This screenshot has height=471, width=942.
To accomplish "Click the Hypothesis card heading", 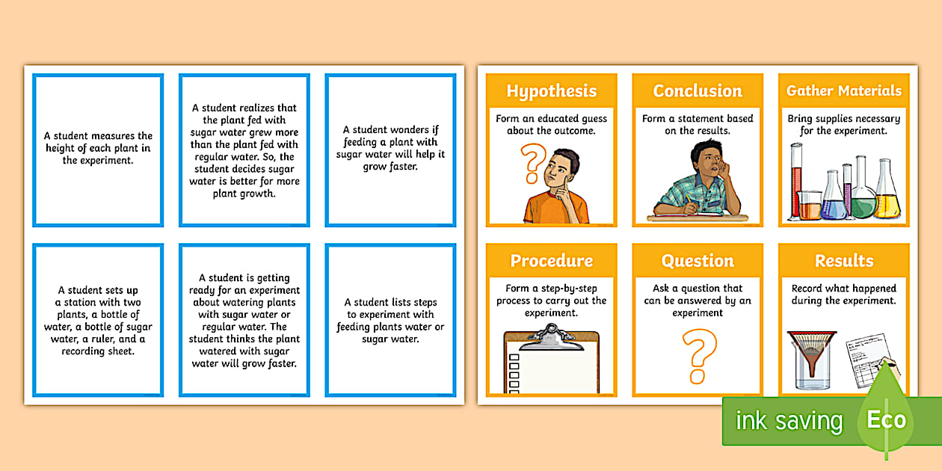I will (551, 91).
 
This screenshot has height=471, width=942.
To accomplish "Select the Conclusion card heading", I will (698, 91).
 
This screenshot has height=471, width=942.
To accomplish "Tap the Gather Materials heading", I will (844, 91).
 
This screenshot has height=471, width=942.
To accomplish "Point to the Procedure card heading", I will (551, 261).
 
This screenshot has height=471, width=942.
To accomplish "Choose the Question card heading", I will (698, 261).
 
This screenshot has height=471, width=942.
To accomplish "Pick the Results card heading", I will (844, 261).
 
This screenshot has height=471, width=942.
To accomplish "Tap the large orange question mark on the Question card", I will (700, 355).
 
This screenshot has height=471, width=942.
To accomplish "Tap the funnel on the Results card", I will (812, 351).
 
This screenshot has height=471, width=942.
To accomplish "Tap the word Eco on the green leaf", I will (886, 420).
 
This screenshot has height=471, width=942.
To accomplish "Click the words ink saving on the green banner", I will (789, 421).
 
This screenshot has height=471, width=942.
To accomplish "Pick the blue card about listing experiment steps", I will (390, 321).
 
